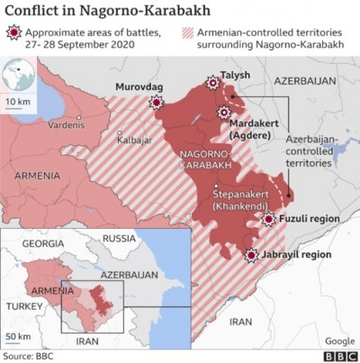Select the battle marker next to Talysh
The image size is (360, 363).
point(213,84)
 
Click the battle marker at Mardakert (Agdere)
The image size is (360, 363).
point(224,113)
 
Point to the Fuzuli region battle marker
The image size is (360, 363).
point(267,219)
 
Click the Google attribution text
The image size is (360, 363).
point(338,340)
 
